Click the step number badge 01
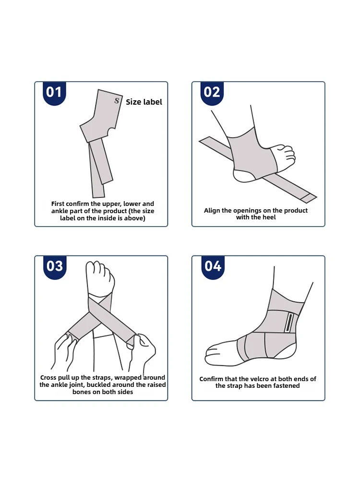point(54,92)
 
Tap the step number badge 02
point(212,92)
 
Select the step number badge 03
point(54,266)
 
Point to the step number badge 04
point(212,266)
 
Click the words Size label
point(144,102)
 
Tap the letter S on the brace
point(117,100)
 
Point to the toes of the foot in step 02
point(288,155)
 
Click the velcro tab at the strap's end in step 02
point(309,197)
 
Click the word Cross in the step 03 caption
point(49,378)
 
